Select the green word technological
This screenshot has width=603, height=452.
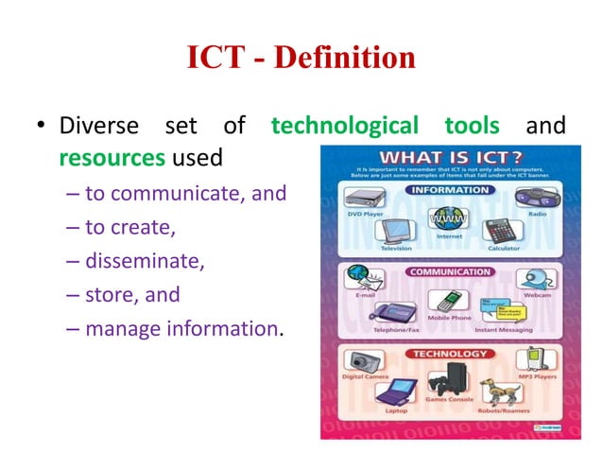[345, 125]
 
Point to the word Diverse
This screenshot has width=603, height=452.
[98, 125]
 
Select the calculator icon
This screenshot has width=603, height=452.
[497, 232]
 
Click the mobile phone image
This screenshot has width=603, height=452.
[441, 301]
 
